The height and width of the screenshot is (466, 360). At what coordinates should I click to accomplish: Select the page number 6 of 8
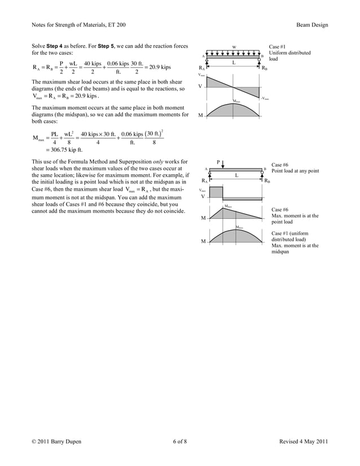pos(180,441)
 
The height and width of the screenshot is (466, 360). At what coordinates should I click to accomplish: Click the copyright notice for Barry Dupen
pos(56,441)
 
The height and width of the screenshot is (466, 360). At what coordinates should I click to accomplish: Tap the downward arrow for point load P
pos(224,165)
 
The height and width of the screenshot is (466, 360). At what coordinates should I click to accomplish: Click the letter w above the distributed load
pos(235,47)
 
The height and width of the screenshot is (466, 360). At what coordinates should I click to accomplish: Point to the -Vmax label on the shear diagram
pos(265,98)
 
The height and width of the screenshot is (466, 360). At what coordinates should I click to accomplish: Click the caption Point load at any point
pos(295,170)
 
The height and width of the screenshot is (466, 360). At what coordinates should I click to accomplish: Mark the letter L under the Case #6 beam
pos(236,175)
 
